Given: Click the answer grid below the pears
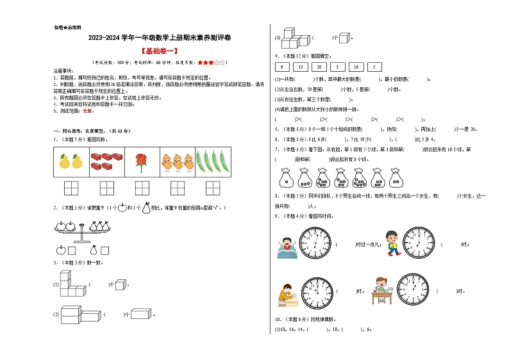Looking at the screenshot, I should (x=71, y=188).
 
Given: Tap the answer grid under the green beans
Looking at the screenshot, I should (x=211, y=188).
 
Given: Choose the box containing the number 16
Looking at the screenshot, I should (x=355, y=67).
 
